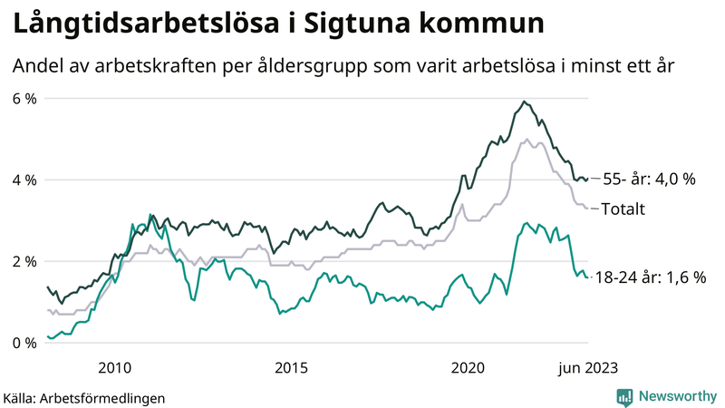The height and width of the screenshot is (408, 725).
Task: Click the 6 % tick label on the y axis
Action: point(24,98)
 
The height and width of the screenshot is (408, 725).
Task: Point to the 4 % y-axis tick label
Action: point(24,180)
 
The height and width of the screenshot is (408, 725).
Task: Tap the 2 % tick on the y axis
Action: point(24,261)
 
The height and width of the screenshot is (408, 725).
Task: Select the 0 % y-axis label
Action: point(24,343)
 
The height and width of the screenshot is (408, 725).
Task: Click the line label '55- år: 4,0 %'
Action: point(649,180)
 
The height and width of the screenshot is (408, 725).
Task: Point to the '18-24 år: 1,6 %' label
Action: point(651,278)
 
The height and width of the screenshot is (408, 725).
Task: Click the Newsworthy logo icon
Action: point(624,396)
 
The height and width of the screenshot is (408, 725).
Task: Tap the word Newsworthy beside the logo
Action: point(676,396)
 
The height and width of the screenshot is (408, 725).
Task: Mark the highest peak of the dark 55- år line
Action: point(525,101)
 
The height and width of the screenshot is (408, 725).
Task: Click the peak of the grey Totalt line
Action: point(527,140)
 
